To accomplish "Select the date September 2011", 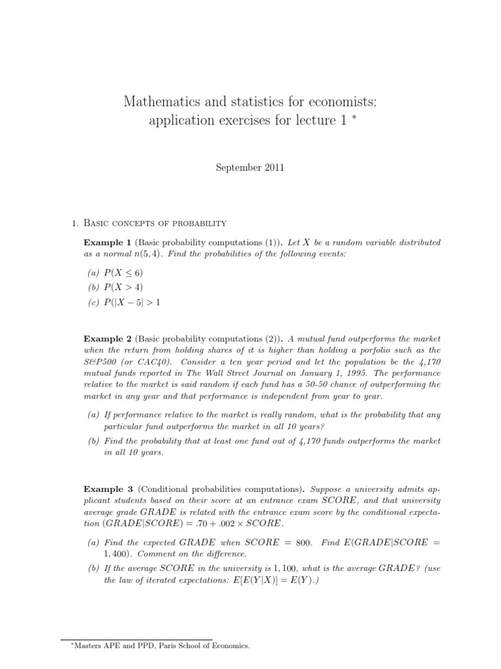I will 250,168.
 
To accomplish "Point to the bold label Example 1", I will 108,242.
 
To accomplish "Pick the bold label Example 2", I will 108,339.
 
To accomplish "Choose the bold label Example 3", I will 108,488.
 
